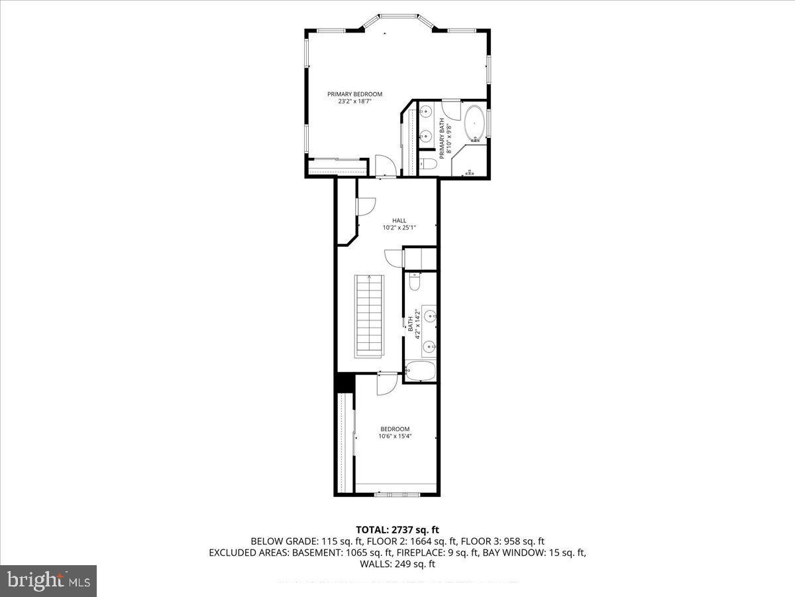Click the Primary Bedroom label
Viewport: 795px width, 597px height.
(x=354, y=94)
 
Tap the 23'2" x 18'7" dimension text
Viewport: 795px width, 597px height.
(x=354, y=101)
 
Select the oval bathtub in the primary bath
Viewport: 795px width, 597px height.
(x=474, y=123)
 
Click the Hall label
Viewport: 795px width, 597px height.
(x=399, y=221)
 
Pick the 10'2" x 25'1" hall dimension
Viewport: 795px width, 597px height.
(x=399, y=228)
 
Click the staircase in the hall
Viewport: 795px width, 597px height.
(x=370, y=316)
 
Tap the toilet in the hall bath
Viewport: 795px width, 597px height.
(x=415, y=283)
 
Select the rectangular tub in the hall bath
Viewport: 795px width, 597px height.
(x=420, y=371)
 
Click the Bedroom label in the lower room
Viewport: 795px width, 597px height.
(x=394, y=429)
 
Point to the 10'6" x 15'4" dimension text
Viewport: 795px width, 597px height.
(x=394, y=436)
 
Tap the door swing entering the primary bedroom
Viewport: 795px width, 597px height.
(x=384, y=165)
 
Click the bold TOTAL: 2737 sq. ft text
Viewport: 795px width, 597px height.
(x=397, y=529)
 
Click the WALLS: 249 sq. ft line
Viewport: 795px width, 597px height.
(x=397, y=564)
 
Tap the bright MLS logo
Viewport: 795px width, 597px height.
(x=48, y=580)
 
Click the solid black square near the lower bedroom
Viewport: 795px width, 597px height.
(x=344, y=382)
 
